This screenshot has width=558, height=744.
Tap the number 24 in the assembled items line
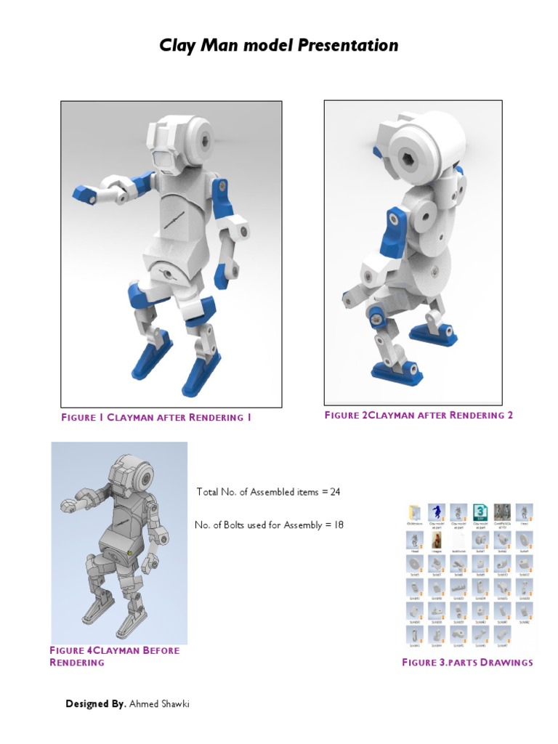click(x=335, y=492)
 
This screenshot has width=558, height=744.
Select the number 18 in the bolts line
click(x=338, y=525)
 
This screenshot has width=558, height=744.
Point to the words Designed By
click(x=96, y=704)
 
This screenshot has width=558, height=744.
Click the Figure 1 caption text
click(x=156, y=418)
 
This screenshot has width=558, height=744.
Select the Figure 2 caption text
click(x=418, y=415)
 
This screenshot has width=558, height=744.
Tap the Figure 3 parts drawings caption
click(x=467, y=662)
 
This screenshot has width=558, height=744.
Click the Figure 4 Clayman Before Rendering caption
click(x=114, y=656)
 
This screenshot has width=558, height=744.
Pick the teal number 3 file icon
click(x=480, y=512)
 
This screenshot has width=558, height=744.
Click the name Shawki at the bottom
click(x=176, y=704)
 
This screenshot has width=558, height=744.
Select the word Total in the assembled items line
click(x=208, y=492)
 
